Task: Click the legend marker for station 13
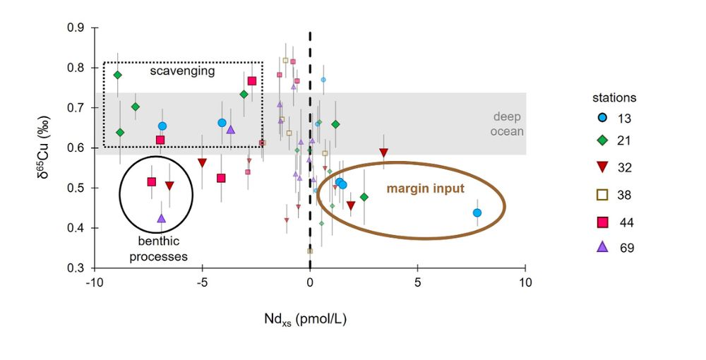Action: click(x=602, y=118)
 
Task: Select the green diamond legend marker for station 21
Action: click(x=602, y=141)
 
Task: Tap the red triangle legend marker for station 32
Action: click(x=602, y=167)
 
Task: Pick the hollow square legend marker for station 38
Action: click(x=602, y=195)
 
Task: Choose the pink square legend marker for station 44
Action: click(x=602, y=222)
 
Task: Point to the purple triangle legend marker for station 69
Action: click(x=602, y=247)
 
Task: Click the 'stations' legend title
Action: click(x=614, y=97)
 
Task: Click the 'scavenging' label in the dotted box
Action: click(x=182, y=71)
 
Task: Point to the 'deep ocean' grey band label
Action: click(x=508, y=124)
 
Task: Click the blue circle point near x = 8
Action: click(x=477, y=212)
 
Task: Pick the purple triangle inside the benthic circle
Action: click(x=161, y=219)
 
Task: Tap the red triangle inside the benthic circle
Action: click(x=169, y=186)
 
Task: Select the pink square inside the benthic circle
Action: click(x=151, y=182)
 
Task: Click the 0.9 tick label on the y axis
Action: click(x=76, y=28)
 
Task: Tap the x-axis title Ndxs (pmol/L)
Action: click(x=309, y=319)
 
